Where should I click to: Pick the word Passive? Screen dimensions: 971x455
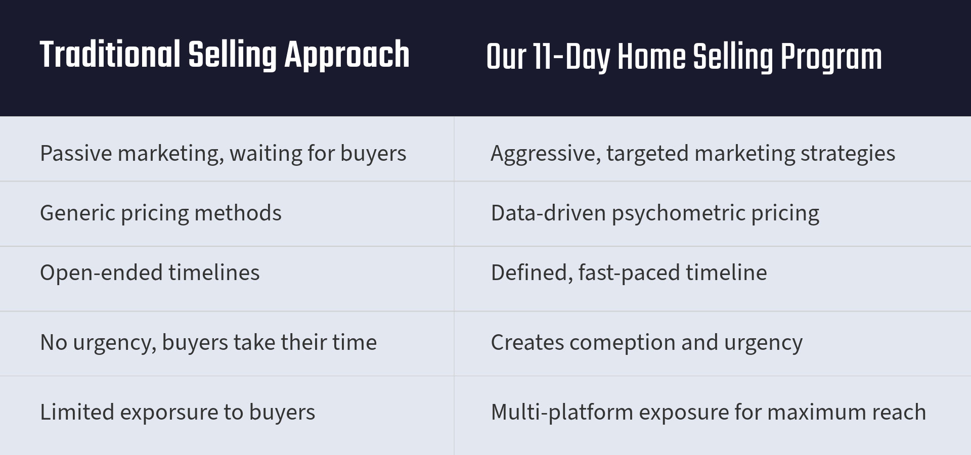pos(76,154)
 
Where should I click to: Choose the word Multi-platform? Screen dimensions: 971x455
pos(562,413)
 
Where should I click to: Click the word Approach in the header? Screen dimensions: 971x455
pos(347,56)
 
